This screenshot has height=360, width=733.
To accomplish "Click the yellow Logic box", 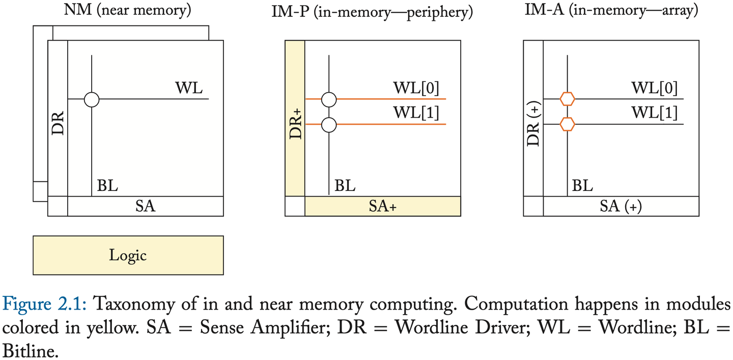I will coord(128,255).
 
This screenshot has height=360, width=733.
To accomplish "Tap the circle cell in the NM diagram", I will coord(92,99).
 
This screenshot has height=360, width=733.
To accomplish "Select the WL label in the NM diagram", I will coord(189,88).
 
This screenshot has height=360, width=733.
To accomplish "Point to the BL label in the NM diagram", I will coord(107,186).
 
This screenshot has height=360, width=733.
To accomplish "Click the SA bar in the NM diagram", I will coord(145,206).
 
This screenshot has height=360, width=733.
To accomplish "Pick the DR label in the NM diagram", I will coord(58,122).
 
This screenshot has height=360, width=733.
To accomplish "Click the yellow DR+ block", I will coord(295,118).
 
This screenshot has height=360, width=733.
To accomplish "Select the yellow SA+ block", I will coord(382,206).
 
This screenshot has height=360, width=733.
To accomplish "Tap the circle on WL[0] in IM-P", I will coord(329,99).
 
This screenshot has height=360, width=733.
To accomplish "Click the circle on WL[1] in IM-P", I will coord(329,124).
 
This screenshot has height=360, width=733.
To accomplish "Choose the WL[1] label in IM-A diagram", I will coord(655,113).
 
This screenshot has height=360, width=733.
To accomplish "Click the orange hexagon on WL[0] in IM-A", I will coord(567,99).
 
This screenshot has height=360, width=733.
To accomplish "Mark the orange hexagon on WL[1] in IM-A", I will coord(567,124).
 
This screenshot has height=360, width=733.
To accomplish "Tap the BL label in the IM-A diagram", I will coord(582,186).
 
